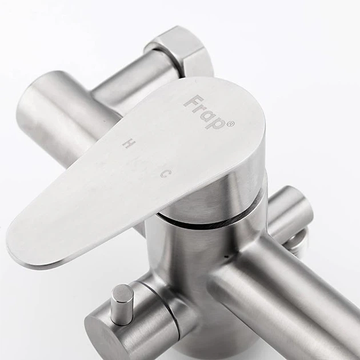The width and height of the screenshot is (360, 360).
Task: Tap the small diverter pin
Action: coord(122,304)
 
